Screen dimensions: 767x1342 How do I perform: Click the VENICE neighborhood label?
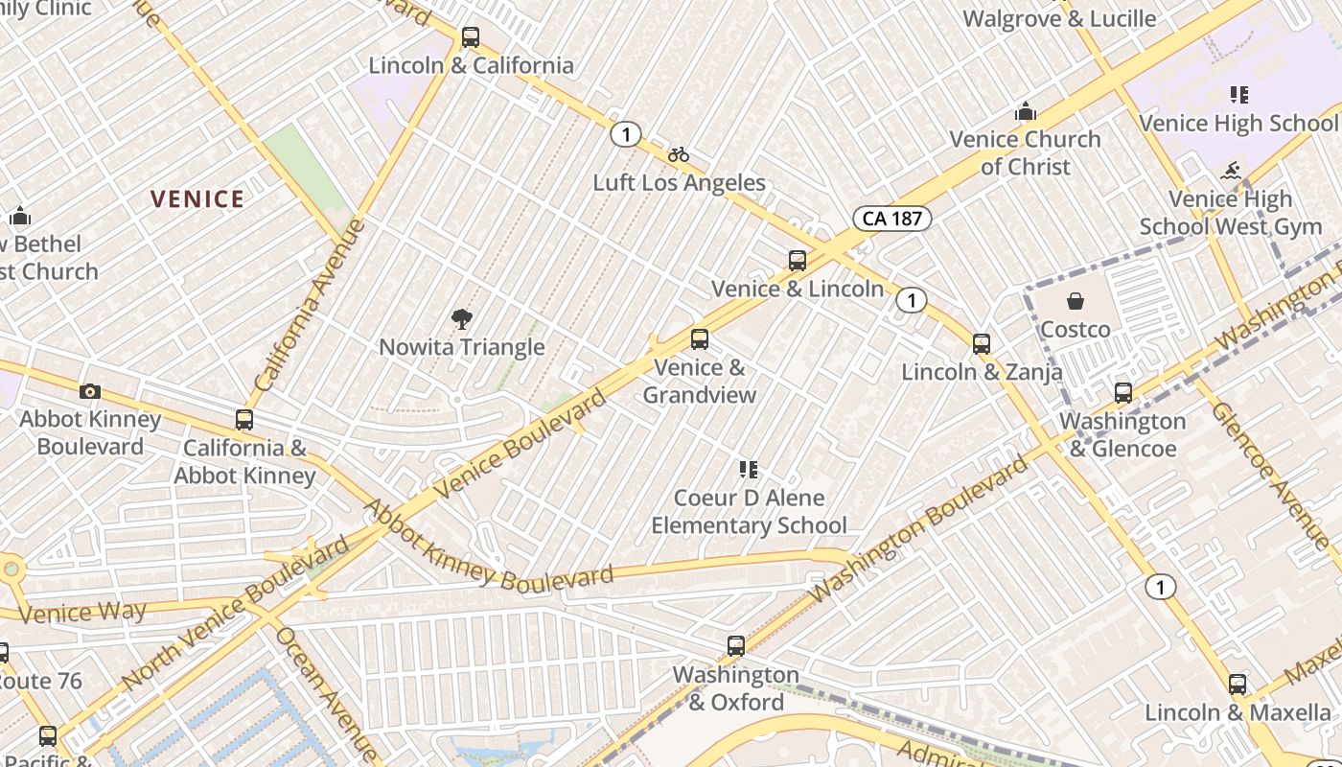click(197, 199)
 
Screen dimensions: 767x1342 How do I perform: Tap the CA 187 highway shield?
click(891, 219)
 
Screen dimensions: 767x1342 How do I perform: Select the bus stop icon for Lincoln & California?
click(470, 37)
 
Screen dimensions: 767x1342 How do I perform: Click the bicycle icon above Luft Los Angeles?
click(679, 154)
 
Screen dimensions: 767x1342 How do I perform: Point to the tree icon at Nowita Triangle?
click(462, 319)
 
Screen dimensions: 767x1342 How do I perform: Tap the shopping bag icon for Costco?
click(1076, 302)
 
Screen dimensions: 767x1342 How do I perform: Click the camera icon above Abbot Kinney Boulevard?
click(90, 391)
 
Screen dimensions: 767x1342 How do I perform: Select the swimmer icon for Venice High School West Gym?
click(1231, 172)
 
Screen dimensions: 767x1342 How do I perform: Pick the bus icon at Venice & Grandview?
click(700, 339)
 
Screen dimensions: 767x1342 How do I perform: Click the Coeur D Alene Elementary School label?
click(749, 511)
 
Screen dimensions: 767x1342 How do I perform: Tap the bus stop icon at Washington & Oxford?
click(736, 646)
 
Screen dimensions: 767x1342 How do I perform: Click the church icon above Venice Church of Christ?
click(1026, 111)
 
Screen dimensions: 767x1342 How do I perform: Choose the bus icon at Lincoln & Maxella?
click(1238, 685)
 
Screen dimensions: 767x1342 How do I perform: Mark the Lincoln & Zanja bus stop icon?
click(981, 343)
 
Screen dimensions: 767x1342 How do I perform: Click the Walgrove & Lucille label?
click(1059, 18)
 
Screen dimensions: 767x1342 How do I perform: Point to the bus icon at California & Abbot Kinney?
click(244, 420)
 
